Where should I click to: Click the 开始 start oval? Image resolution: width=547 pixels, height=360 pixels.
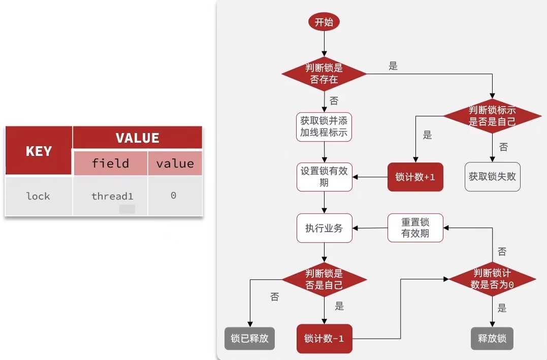click(x=324, y=22)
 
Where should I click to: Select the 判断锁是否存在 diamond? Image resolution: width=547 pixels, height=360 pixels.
click(x=324, y=74)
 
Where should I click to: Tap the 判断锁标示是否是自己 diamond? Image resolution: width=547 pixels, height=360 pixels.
click(x=492, y=116)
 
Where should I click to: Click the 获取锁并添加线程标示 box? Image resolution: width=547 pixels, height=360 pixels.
click(x=324, y=127)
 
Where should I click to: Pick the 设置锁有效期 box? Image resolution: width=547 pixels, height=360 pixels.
click(x=324, y=177)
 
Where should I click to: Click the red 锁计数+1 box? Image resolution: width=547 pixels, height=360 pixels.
click(x=415, y=177)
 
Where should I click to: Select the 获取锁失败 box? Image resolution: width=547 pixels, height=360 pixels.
click(x=492, y=177)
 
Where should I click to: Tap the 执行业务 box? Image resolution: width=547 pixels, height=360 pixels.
click(x=324, y=228)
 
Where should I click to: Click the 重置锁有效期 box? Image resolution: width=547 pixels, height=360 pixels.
click(x=415, y=227)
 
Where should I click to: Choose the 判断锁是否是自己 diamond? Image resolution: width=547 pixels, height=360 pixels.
click(x=324, y=279)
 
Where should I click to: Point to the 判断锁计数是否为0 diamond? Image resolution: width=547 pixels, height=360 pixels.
click(x=492, y=279)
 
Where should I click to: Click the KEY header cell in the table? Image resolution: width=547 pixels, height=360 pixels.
click(x=39, y=151)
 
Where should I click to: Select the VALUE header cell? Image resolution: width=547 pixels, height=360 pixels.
click(x=137, y=138)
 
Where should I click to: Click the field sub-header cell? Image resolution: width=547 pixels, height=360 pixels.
click(x=110, y=163)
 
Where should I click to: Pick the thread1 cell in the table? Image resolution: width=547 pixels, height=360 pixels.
click(x=112, y=196)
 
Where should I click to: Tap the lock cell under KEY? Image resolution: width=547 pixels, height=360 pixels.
click(x=39, y=196)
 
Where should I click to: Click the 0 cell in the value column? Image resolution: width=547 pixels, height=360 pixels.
click(x=174, y=195)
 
